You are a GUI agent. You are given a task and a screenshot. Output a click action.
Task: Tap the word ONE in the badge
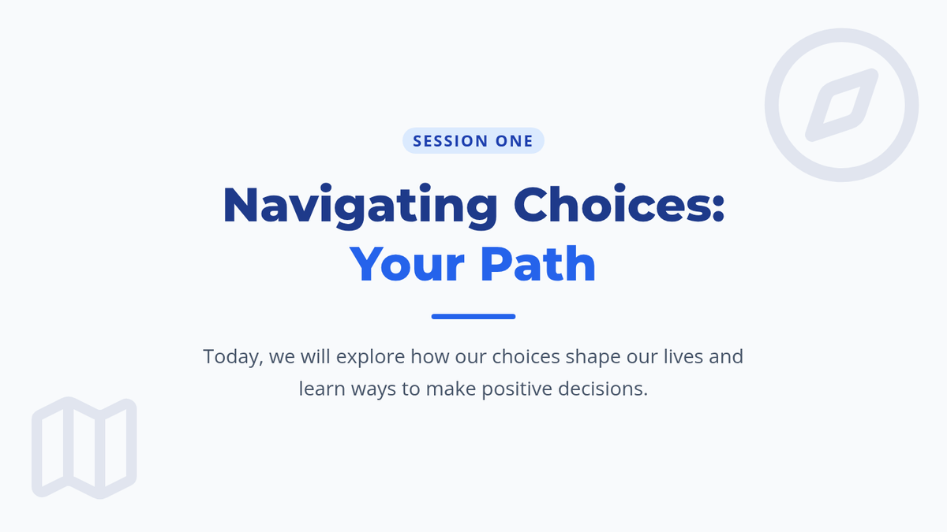[514, 141]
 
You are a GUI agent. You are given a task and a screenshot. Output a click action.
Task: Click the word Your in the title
[407, 264]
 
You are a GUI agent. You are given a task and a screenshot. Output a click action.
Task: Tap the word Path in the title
[537, 263]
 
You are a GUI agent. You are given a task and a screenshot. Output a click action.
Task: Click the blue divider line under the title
[473, 316]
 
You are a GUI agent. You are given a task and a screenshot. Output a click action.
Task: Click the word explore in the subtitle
[370, 357]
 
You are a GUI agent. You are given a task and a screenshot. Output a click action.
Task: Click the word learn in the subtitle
[322, 389]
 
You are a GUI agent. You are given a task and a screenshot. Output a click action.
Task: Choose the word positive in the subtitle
[517, 389]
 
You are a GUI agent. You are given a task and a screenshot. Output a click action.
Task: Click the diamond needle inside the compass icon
[842, 105]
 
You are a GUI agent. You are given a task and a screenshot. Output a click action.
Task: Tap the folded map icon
[84, 448]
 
